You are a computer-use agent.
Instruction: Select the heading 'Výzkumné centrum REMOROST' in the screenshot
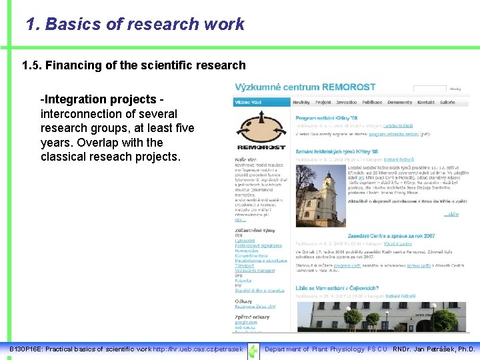click(305, 87)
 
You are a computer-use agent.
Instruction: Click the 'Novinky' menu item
click(301, 103)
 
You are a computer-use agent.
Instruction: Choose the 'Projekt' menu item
click(323, 103)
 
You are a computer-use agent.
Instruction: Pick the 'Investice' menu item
click(347, 103)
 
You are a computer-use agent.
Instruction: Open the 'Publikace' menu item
click(373, 103)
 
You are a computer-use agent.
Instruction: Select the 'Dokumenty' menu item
click(400, 103)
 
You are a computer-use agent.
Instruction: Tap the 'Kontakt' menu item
click(426, 103)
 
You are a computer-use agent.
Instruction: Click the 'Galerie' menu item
click(447, 103)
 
